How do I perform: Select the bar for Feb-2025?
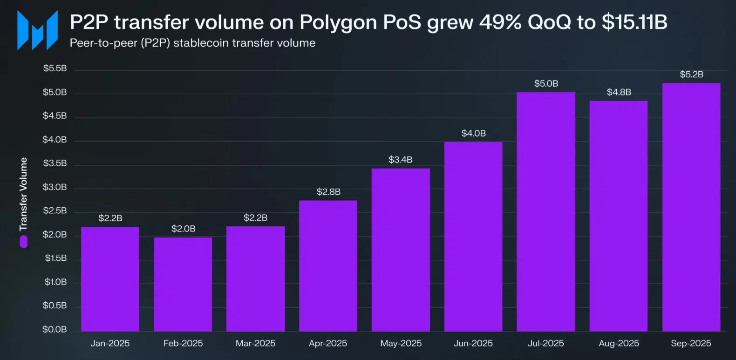coord(183,284)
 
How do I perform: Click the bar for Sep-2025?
coord(691,207)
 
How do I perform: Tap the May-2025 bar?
coord(401,250)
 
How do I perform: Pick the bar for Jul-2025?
coord(546,212)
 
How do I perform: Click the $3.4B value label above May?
coord(401,160)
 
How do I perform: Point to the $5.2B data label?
coord(691,75)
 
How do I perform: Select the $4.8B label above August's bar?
coord(619,92)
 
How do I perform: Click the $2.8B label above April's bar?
coord(328,192)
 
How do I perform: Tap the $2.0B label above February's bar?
coord(183,229)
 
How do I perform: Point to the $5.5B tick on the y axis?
coord(55,68)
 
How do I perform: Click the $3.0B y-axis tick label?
coord(55,187)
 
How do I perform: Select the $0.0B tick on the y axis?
coord(55,329)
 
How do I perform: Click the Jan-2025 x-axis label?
coord(110,343)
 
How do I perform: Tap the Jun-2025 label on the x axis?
coord(473,343)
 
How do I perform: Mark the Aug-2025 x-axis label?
coord(619,343)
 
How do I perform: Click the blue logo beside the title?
coord(38,30)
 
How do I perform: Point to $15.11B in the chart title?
coord(634,22)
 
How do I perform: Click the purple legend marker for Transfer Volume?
coord(24,242)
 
